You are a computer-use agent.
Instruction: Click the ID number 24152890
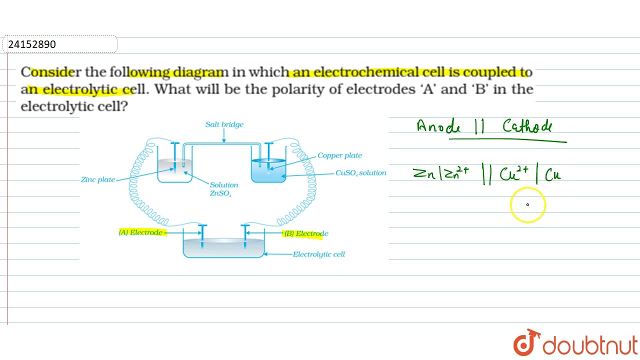pos(32,44)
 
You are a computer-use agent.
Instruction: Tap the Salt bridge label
pos(224,124)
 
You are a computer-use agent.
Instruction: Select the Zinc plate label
pos(98,179)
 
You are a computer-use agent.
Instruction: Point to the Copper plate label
pos(340,155)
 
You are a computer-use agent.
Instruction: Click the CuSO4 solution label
pos(360,173)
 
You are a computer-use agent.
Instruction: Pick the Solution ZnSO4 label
pos(223,189)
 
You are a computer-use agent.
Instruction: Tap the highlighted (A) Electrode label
pos(141,232)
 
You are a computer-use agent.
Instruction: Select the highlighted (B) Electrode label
pos(306,233)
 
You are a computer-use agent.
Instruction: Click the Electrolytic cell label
pos(319,254)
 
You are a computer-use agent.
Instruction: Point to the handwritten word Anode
pos(438,126)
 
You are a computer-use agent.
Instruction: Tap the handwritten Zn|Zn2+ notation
pos(441,173)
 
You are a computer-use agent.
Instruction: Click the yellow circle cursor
pos(527,204)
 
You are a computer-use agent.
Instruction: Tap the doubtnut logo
pos(575,343)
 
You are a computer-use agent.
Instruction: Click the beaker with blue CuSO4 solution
pos(268,170)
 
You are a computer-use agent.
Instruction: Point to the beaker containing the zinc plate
pos(174,170)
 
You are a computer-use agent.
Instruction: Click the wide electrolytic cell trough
pos(223,247)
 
